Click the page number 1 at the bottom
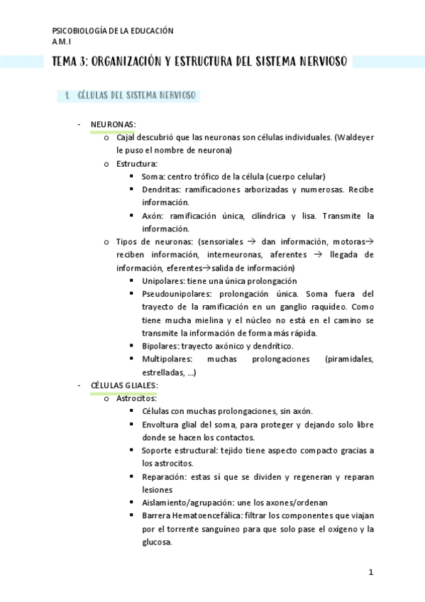[x=370, y=571]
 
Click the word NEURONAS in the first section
[x=114, y=124]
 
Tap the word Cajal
[x=126, y=137]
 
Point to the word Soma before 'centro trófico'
[x=153, y=176]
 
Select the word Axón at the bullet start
[x=153, y=216]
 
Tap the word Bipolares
[x=160, y=346]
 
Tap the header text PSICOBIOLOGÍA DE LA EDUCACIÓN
[x=113, y=31]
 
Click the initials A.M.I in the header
[x=62, y=42]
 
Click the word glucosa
[x=157, y=542]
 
